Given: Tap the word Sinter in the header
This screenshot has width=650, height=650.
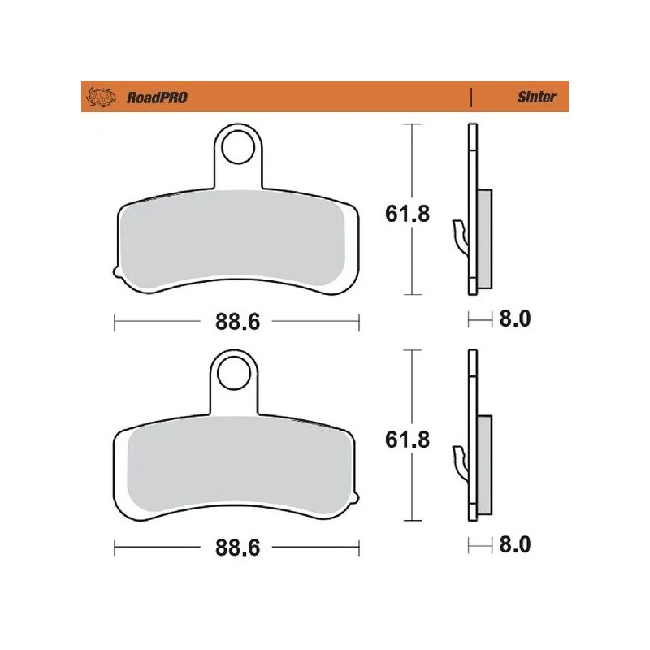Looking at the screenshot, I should tap(537, 97).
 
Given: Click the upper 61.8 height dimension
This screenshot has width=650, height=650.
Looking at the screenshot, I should tap(406, 214).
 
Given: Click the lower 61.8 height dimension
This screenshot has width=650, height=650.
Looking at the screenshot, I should tap(406, 440).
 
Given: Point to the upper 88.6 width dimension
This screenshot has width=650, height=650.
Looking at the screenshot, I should tap(237, 322).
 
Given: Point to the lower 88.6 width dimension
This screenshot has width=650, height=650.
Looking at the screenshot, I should tap(237, 548).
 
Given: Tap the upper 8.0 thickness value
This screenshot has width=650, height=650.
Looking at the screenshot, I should tap(513, 319).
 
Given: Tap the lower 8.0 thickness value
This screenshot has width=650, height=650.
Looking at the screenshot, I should tap(513, 544).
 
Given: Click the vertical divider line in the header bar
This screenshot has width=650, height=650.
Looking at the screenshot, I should tap(472, 97).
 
